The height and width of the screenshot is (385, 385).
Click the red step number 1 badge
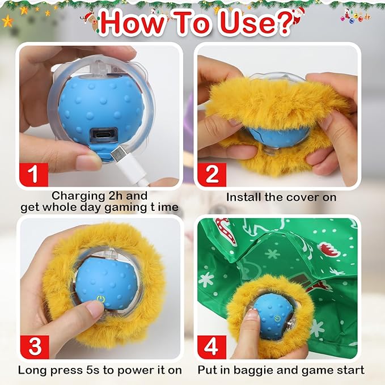pos(33,173)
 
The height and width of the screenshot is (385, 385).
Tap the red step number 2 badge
pos(211,173)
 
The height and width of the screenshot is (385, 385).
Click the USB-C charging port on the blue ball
pos(103,137)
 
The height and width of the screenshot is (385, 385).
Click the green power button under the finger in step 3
pos(100,299)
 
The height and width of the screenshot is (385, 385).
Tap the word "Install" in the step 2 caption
pos(243,197)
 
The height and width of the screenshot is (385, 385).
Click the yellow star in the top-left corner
pos(7,21)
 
